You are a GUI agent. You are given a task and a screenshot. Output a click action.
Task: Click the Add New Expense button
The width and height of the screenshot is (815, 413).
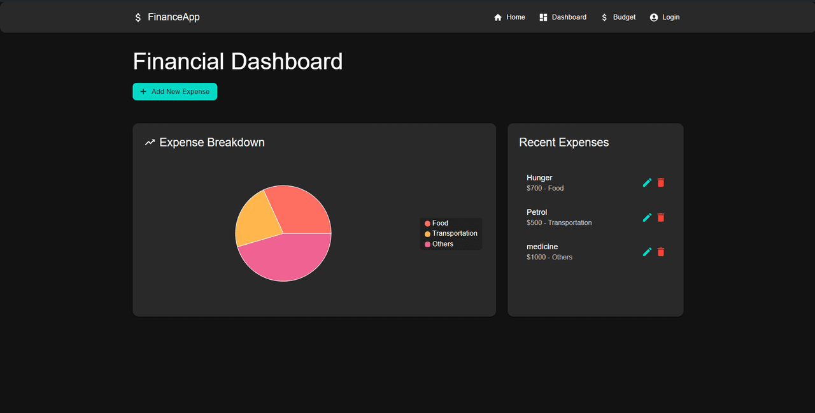pyautogui.click(x=174, y=92)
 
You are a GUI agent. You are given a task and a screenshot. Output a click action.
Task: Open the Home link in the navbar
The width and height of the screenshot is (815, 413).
pyautogui.click(x=509, y=17)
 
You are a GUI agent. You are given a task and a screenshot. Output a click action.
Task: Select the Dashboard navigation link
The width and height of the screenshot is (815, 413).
pyautogui.click(x=563, y=17)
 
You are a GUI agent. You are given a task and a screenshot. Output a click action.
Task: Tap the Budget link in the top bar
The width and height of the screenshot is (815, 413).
pyautogui.click(x=618, y=17)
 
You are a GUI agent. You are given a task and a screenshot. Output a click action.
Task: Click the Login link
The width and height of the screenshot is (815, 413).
pyautogui.click(x=665, y=17)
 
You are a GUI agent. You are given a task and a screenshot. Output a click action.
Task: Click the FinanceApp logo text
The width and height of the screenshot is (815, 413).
pyautogui.click(x=173, y=17)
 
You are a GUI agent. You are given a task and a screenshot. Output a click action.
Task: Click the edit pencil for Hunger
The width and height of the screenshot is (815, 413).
pyautogui.click(x=647, y=182)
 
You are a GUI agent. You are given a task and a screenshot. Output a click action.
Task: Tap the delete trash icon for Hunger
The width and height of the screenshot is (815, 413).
pyautogui.click(x=661, y=182)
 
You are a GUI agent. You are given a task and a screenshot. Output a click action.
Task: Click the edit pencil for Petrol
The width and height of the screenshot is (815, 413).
pyautogui.click(x=647, y=217)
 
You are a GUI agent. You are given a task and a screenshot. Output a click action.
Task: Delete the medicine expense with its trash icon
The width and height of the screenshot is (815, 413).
pyautogui.click(x=661, y=252)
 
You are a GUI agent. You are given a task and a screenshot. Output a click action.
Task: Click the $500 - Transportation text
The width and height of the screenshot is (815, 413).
pyautogui.click(x=559, y=222)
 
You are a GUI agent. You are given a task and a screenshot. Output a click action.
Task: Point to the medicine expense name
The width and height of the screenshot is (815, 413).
pyautogui.click(x=542, y=247)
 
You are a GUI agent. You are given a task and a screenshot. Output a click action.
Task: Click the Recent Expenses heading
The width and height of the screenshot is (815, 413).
pyautogui.click(x=563, y=142)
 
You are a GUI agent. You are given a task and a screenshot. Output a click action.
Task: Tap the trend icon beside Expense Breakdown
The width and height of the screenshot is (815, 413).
pyautogui.click(x=150, y=142)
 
